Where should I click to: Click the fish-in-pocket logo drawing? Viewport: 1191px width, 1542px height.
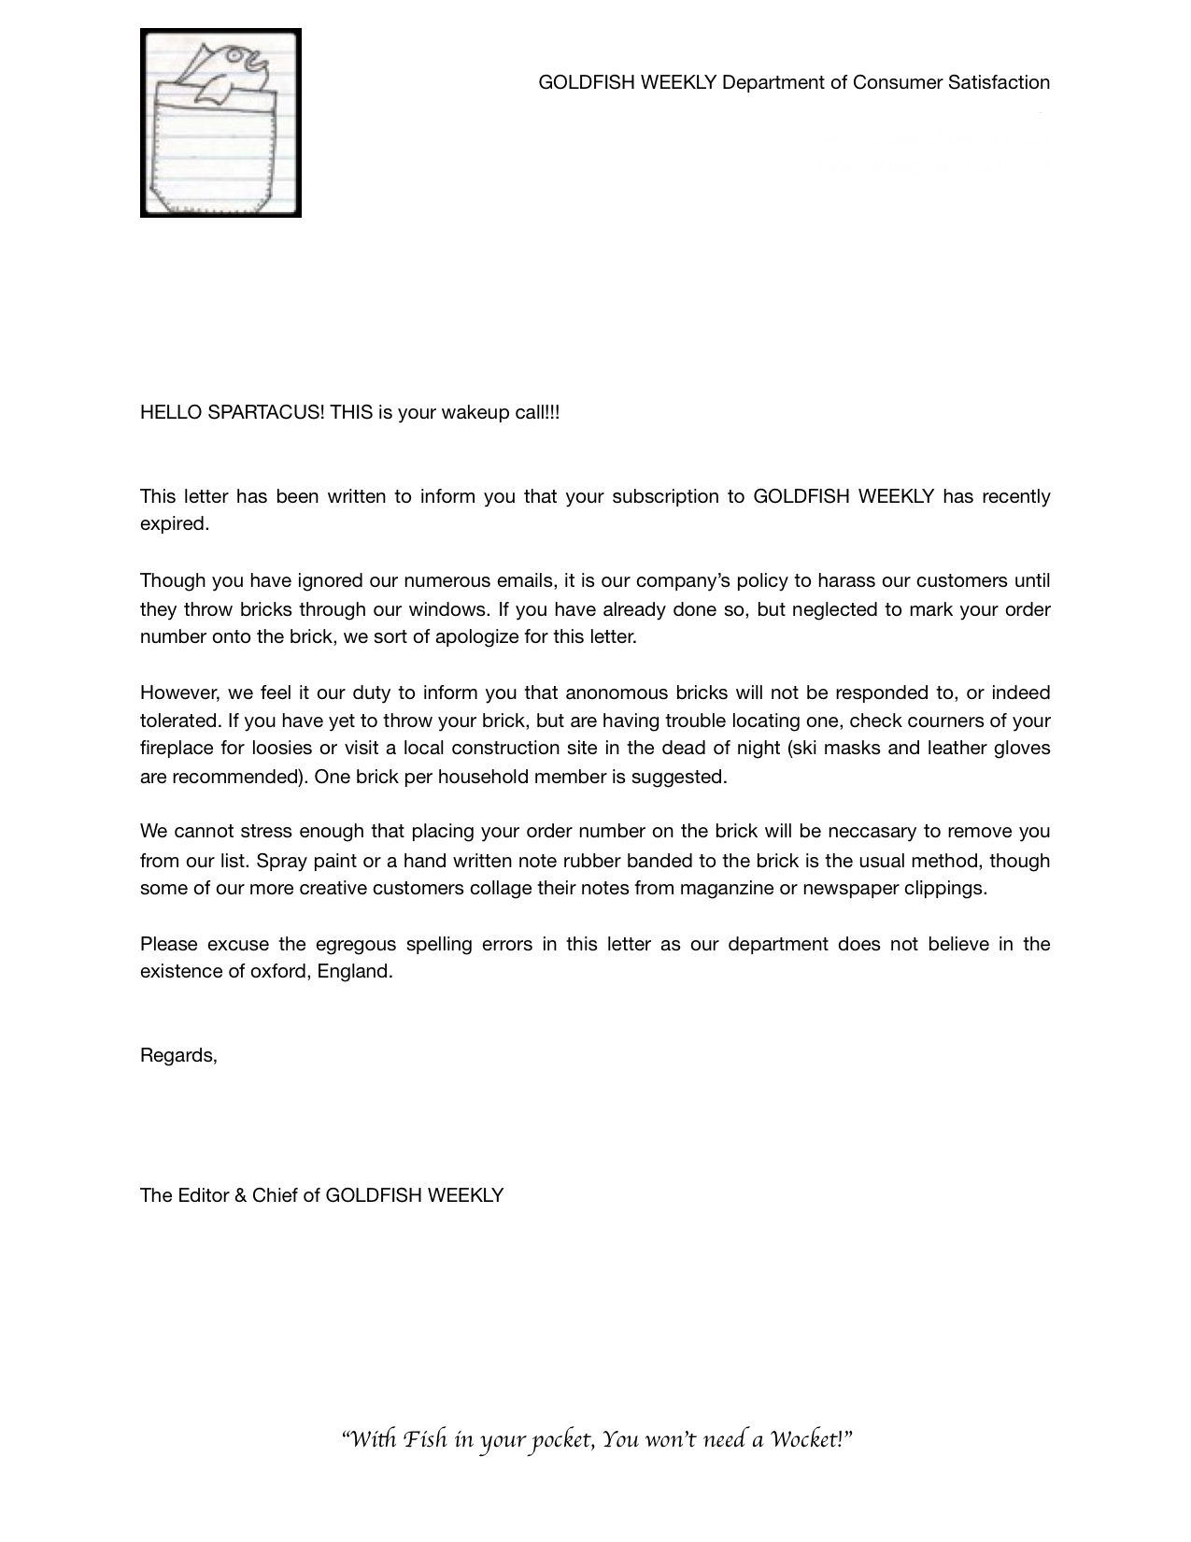(220, 122)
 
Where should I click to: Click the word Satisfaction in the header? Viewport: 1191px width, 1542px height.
(999, 82)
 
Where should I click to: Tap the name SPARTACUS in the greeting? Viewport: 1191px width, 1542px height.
(265, 412)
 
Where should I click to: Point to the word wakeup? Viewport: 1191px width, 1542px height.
(475, 412)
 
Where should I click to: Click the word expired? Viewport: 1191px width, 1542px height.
(174, 523)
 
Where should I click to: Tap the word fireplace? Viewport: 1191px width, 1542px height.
(177, 748)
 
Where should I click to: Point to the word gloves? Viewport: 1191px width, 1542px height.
(1022, 748)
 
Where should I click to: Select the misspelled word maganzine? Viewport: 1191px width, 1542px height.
(727, 887)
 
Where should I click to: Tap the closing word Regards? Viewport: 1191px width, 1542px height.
(177, 1055)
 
